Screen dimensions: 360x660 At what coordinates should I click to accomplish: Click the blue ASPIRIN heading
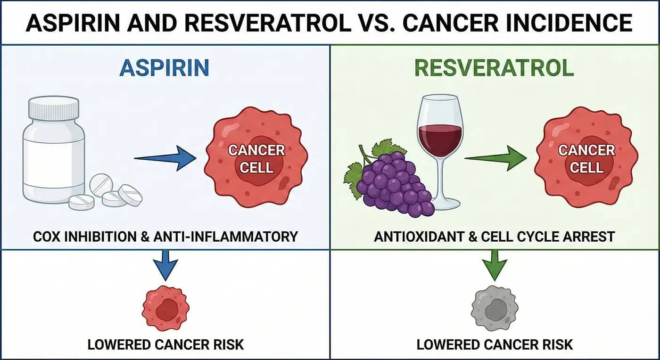click(164, 68)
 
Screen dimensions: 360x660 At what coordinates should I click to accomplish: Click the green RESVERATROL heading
click(494, 68)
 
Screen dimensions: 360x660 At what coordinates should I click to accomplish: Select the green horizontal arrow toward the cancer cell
click(496, 159)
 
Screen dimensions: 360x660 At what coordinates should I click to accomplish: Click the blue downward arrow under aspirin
click(165, 264)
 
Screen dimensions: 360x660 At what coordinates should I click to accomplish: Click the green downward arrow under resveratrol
click(495, 264)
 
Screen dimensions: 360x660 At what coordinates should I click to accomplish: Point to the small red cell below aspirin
click(165, 308)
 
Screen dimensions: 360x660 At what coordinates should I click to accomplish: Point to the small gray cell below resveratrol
click(495, 308)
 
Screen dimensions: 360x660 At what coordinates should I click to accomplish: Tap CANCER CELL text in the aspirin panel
click(256, 159)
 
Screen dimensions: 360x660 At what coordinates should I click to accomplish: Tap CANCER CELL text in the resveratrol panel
click(586, 159)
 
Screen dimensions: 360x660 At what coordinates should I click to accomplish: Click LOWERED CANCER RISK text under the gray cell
click(495, 344)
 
